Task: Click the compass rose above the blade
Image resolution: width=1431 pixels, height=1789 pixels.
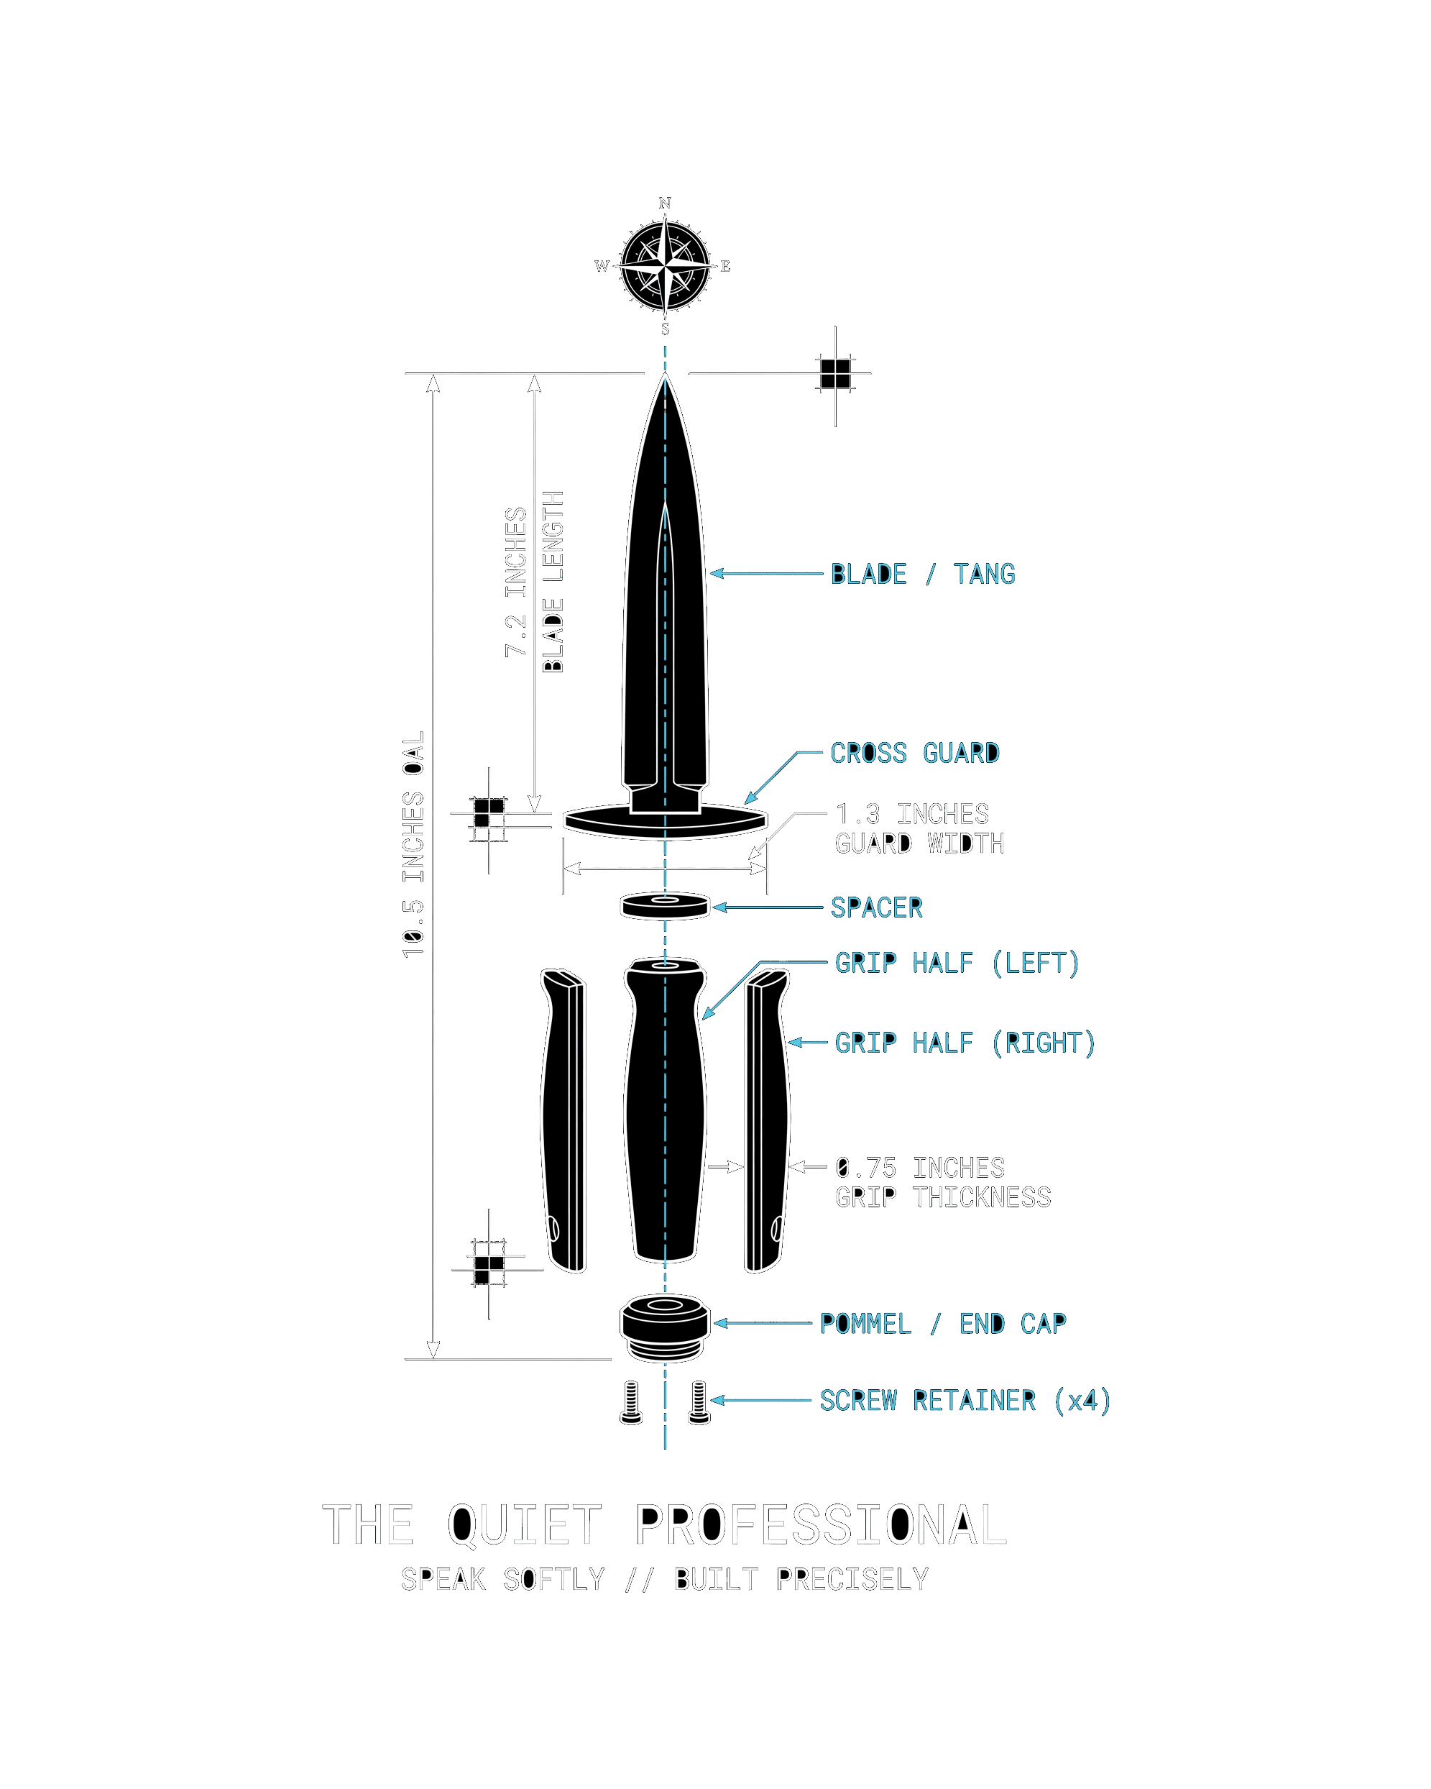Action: [x=665, y=265]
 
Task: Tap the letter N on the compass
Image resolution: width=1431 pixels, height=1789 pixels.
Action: [x=665, y=203]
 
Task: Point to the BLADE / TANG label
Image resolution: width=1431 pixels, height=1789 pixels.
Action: [x=922, y=573]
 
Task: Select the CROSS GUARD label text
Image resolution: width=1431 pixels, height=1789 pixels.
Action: [x=915, y=753]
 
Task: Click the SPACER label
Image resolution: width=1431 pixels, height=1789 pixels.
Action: [x=876, y=907]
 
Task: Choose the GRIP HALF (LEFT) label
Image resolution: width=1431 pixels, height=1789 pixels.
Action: [x=957, y=963]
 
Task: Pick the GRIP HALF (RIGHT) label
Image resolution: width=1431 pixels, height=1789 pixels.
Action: [x=965, y=1042]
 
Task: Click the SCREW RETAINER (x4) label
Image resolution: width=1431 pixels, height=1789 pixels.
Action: [x=965, y=1401]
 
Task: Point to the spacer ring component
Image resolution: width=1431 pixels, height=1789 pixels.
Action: [x=666, y=905]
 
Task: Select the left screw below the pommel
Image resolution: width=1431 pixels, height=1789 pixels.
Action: [x=631, y=1402]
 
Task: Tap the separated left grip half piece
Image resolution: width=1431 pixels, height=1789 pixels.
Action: [x=563, y=1120]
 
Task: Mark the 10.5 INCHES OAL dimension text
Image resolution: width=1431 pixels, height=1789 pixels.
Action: [x=413, y=844]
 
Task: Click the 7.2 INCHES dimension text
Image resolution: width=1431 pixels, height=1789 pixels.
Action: [x=516, y=582]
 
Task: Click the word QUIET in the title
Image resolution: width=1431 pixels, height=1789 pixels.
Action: [x=524, y=1525]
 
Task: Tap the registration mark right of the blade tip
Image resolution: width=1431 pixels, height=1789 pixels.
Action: [x=835, y=374]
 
